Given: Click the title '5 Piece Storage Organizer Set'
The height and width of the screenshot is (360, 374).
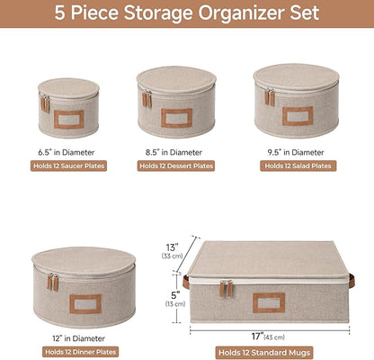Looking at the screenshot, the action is [187, 13].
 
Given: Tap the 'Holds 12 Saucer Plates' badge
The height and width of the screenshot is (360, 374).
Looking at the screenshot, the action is [68, 166].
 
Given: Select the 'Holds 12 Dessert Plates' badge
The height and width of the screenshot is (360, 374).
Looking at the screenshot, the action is [176, 166].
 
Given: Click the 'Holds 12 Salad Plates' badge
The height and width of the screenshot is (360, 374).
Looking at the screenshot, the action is [298, 166].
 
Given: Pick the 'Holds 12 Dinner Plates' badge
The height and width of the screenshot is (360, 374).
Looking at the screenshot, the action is [80, 352].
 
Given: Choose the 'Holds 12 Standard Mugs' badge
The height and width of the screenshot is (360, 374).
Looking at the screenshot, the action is [264, 353].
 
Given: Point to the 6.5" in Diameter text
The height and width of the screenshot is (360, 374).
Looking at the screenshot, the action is [67, 152].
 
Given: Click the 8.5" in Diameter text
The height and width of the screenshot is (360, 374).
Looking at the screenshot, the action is [174, 152].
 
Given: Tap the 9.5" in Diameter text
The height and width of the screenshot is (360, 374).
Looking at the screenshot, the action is [296, 152].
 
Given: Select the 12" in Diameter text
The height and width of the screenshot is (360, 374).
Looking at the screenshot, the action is [79, 338].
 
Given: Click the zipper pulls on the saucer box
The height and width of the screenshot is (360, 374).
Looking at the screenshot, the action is [45, 103].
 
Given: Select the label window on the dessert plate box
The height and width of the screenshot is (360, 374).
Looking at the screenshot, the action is [176, 118].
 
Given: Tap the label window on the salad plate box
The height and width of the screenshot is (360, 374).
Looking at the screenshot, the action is [298, 116].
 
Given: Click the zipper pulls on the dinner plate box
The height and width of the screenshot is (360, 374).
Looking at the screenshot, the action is [53, 282].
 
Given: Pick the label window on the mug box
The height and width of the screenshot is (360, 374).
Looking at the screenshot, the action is [269, 303].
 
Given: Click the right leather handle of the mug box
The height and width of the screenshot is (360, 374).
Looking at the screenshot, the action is [352, 281].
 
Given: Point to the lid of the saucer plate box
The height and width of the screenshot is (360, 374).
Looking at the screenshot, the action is [68, 88].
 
